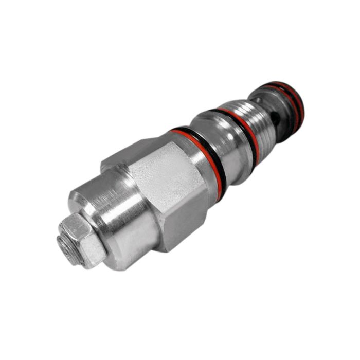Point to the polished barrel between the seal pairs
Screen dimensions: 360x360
click(226, 144)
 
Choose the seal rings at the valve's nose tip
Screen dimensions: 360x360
click(293, 103)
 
